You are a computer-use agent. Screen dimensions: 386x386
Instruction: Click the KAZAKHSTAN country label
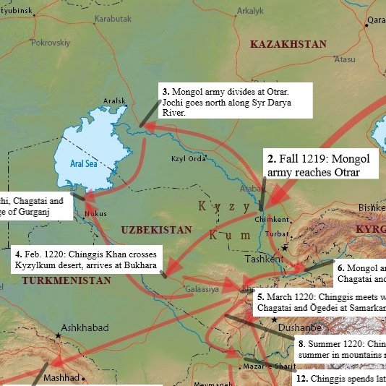288,45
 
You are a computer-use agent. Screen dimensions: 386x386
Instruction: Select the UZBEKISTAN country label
156,230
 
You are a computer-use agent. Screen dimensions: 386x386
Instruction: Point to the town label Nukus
95,214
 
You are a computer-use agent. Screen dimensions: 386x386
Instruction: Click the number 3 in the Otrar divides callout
165,92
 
